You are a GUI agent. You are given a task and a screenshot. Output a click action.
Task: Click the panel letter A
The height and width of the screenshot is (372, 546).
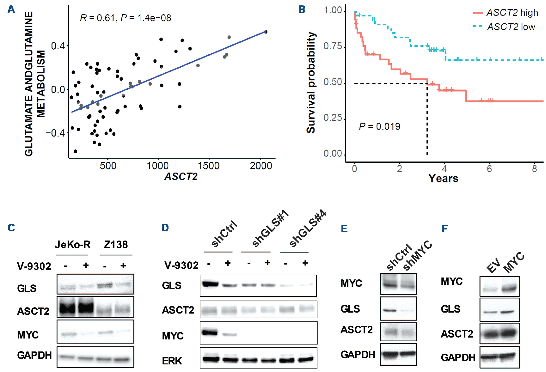tap(11, 9)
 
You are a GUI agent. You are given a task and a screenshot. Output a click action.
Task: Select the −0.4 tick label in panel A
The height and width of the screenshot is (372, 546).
tap(55, 133)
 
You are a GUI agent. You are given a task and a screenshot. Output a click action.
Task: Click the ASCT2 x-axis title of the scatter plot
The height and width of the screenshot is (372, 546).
tap(181, 176)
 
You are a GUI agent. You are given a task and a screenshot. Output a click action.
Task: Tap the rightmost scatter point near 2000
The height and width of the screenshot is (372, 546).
tap(266, 32)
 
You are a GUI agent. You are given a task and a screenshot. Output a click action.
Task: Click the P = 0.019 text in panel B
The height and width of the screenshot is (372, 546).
tap(379, 126)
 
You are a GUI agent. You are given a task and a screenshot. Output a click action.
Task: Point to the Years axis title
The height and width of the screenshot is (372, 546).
tap(443, 179)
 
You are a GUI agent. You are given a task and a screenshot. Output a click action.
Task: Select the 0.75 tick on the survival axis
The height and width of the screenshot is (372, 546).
tap(333, 46)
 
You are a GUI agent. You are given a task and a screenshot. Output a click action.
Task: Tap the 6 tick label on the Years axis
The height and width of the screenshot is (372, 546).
tap(489, 169)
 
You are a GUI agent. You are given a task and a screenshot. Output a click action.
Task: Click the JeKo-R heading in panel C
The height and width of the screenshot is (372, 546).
tap(72, 245)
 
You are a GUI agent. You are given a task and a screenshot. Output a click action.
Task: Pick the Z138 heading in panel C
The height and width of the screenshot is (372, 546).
tap(116, 245)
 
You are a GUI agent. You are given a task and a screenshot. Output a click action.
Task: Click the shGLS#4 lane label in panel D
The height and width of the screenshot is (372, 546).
tap(307, 228)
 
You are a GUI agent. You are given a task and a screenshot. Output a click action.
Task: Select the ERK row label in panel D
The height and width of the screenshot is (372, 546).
tap(172, 361)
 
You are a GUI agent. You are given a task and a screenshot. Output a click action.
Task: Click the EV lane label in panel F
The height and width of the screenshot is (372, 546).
tap(493, 265)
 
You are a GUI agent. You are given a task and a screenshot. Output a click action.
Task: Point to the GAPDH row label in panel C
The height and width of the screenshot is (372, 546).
tap(34, 355)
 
